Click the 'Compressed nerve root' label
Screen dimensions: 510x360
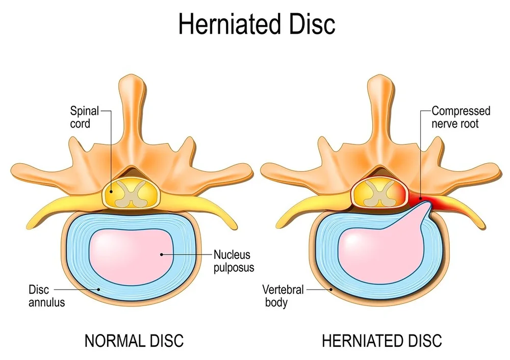click(461, 117)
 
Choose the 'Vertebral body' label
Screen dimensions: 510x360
click(283, 296)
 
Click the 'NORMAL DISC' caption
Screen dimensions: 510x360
click(134, 341)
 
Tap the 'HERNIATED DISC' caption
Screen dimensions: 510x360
click(381, 341)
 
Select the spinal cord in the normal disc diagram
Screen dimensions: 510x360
click(132, 194)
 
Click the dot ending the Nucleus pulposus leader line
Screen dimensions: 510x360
click(161, 253)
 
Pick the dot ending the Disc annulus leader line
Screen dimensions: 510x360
click(99, 289)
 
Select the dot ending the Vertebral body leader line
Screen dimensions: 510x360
click(331, 289)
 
